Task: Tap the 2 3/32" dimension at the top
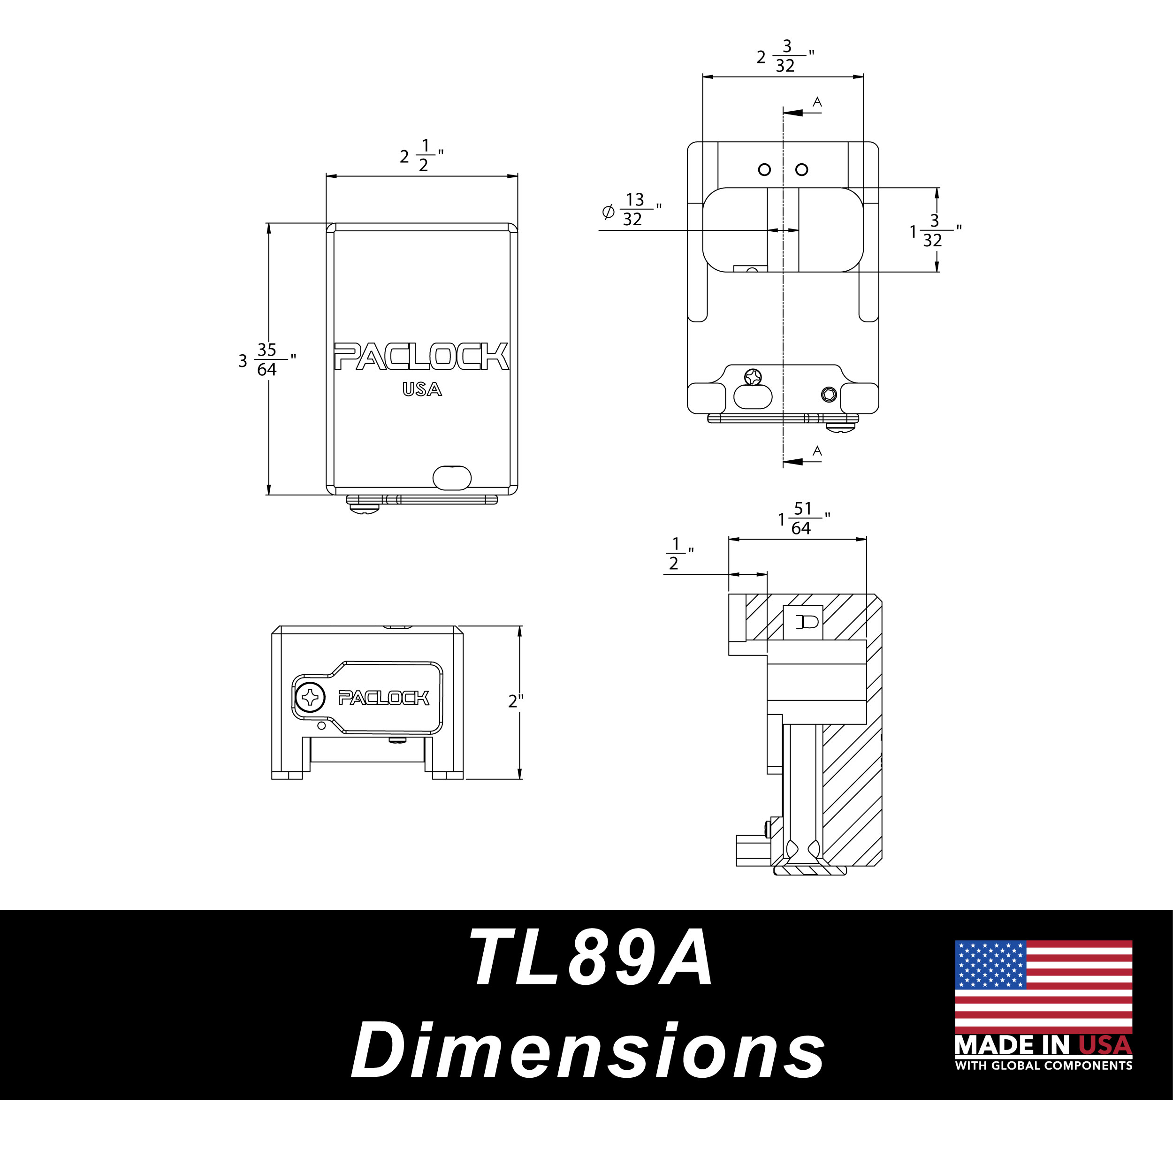coord(785,56)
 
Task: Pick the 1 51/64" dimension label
coord(804,518)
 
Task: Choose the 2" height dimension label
coord(516,701)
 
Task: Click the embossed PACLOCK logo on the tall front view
coord(421,357)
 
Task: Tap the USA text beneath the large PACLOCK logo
coord(422,389)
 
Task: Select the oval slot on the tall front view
coord(452,478)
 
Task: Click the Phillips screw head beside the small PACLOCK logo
coord(310,697)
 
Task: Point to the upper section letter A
coord(817,102)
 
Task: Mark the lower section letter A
coord(817,451)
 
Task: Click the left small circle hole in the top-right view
coord(764,170)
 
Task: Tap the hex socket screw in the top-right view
coord(829,395)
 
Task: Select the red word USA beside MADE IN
coord(1105,1045)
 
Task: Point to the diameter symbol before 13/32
coord(608,212)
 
